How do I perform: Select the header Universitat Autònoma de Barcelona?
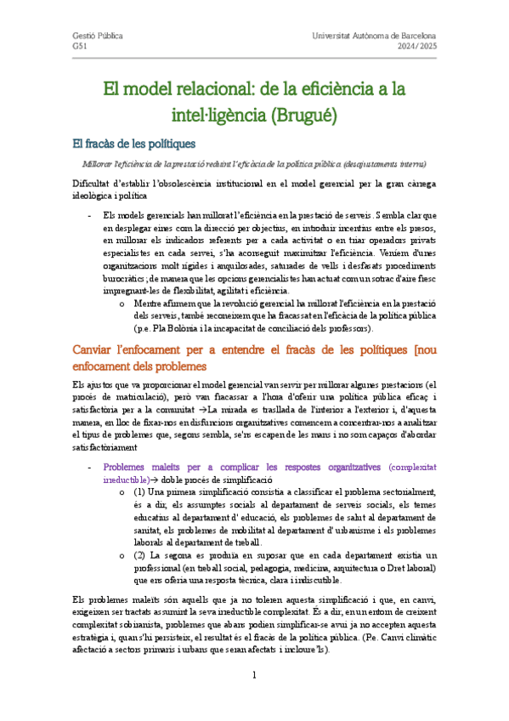375,37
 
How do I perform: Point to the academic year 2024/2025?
416,48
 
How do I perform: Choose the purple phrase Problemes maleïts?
140,467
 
